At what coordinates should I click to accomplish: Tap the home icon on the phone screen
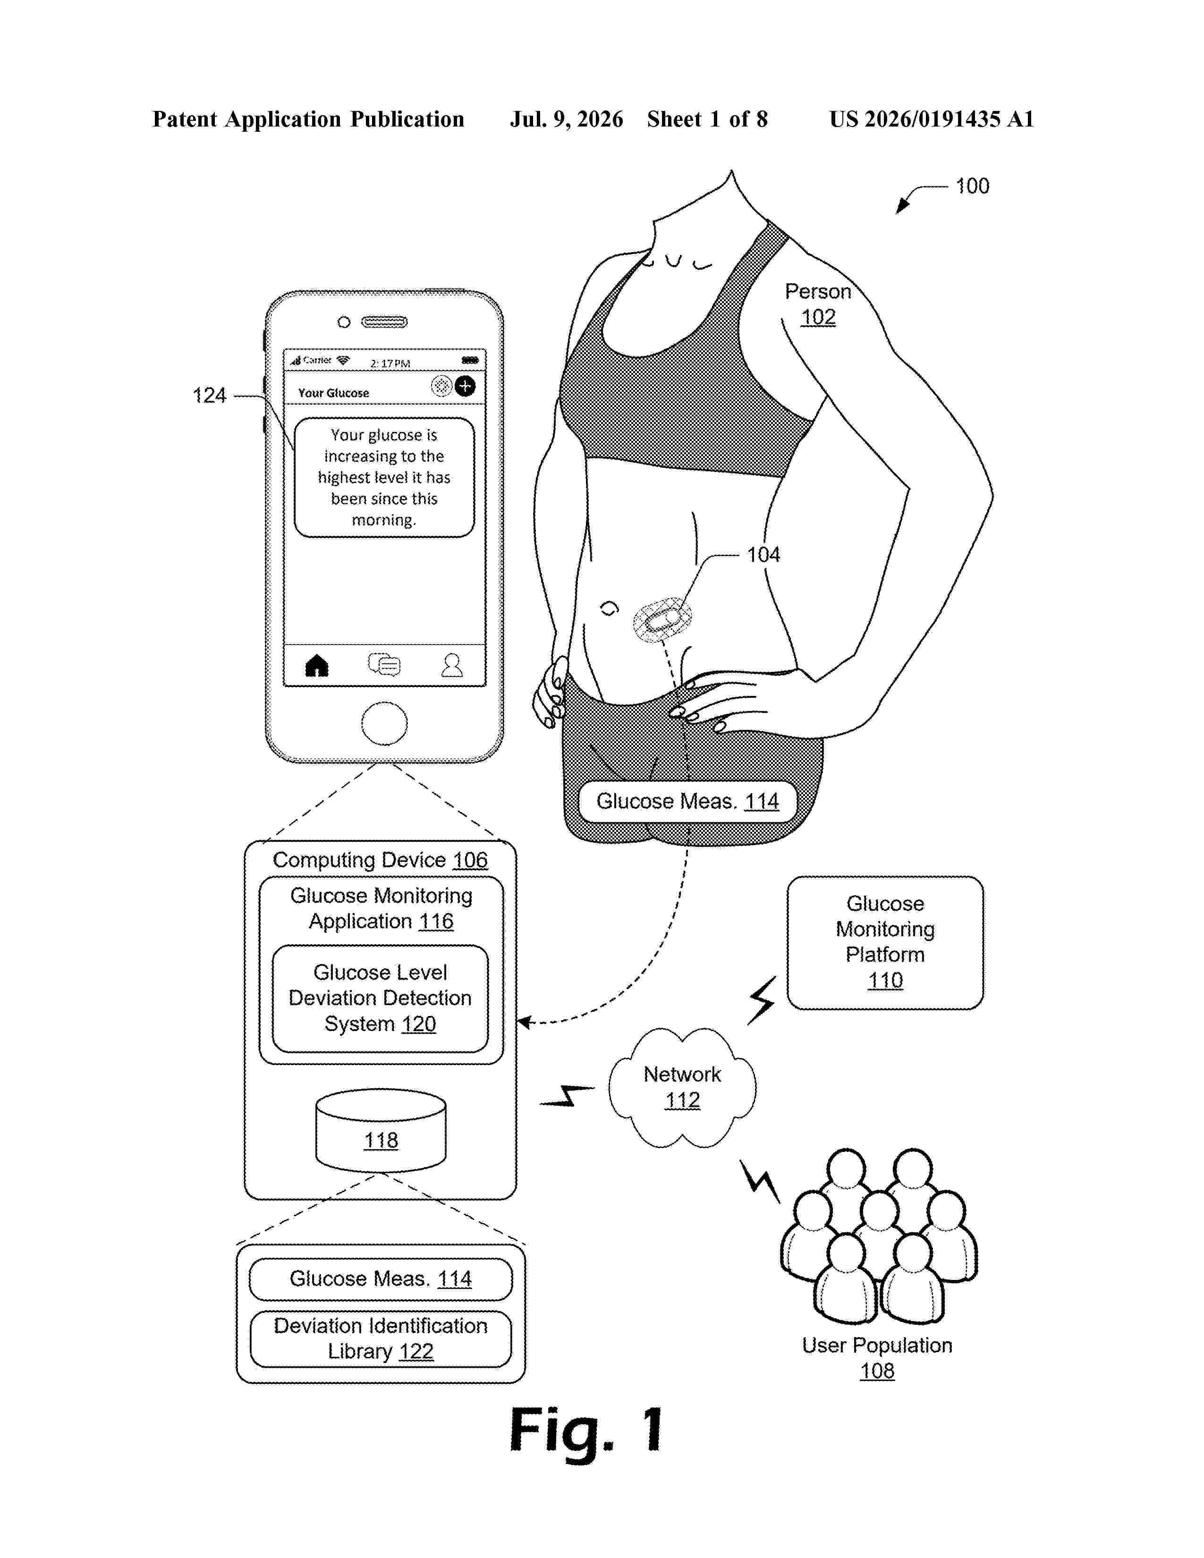[317, 666]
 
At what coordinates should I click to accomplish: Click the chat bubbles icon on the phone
[384, 665]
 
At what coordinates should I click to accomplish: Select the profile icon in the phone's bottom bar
[452, 665]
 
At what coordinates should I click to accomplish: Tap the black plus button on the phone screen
[465, 386]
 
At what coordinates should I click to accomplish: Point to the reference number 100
[972, 186]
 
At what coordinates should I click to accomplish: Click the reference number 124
[209, 395]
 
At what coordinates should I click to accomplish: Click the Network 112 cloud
[682, 1088]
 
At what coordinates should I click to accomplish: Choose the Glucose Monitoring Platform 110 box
[885, 942]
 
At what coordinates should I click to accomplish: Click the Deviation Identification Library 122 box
[381, 1339]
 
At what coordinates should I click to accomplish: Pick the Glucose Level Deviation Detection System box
[380, 998]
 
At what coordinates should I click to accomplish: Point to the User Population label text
[877, 1346]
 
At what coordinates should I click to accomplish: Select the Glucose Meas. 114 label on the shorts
[687, 802]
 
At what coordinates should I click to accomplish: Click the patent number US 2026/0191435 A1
[932, 119]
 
